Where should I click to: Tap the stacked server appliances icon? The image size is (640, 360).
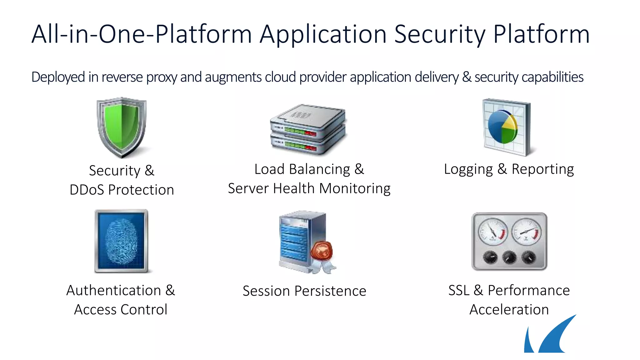coord(308,130)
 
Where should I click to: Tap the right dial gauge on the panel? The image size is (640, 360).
coord(527,232)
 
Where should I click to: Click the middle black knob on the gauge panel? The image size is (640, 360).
coord(509,257)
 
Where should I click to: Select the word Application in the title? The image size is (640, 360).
coord(323,34)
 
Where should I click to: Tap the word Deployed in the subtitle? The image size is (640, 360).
coord(58,77)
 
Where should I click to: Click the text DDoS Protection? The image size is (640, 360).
coord(122,190)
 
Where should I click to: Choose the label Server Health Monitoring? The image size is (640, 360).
coord(309,188)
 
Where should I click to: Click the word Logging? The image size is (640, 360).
coord(468,169)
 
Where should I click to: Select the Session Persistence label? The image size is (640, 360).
coord(304,291)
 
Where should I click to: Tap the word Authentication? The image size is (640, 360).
coord(114,290)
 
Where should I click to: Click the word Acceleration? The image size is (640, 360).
coord(509,310)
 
